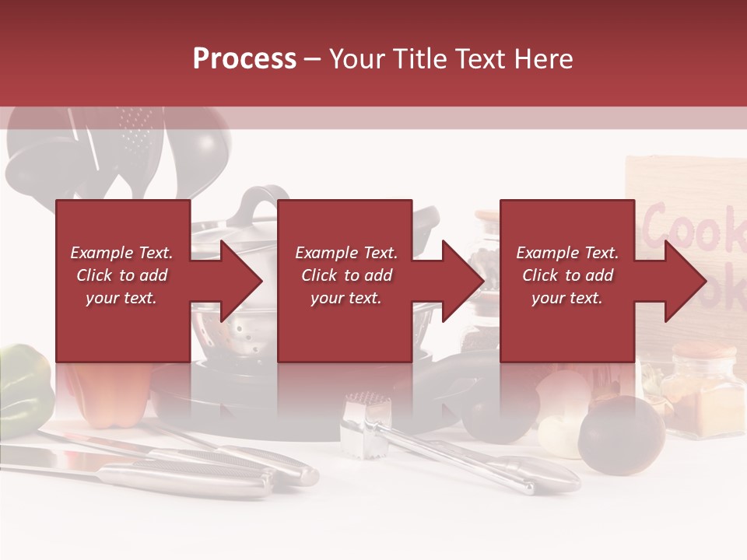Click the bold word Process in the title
(x=244, y=59)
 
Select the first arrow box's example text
(x=122, y=275)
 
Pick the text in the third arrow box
(x=567, y=275)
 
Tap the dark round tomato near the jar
(x=622, y=432)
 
